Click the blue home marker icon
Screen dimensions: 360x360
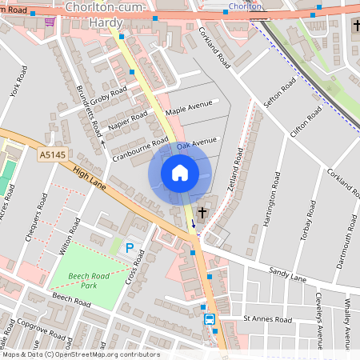[180, 173]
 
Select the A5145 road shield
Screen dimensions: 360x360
[53, 155]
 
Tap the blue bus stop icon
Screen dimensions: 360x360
[210, 319]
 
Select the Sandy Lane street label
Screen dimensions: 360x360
[287, 275]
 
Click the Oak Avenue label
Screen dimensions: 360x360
[197, 144]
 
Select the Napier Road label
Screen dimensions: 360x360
[129, 122]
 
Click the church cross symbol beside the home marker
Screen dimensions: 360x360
[203, 213]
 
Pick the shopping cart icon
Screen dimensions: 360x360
[50, 22]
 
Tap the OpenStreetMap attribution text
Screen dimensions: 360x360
[80, 354]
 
